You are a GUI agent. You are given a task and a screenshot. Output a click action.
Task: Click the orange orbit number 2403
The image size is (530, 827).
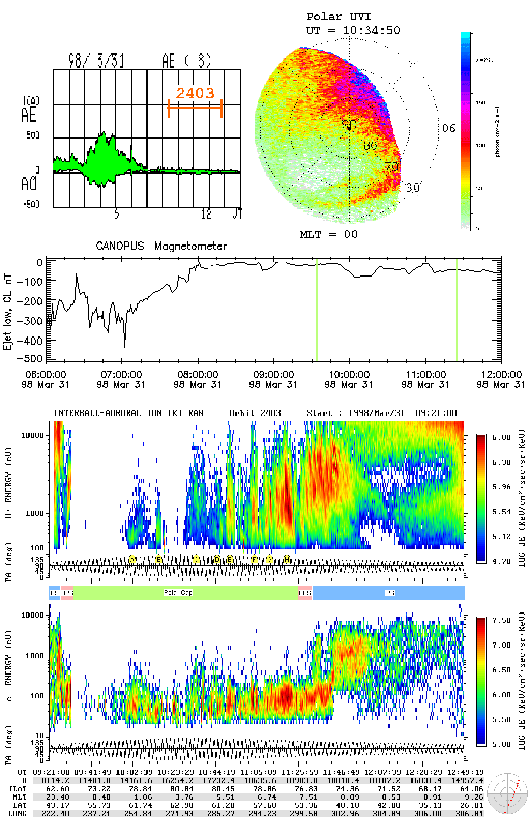[195, 93]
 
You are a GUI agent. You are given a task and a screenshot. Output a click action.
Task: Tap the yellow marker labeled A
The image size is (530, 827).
[132, 559]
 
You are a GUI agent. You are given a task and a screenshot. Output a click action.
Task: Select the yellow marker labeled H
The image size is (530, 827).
[287, 559]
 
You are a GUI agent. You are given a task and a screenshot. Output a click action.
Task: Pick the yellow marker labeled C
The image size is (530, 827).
[196, 559]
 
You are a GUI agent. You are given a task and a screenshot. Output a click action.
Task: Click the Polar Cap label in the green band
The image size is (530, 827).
[178, 593]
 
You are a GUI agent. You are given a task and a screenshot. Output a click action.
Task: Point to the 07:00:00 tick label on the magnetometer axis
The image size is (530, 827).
[122, 374]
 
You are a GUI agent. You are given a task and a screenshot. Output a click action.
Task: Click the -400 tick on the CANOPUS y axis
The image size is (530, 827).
[33, 341]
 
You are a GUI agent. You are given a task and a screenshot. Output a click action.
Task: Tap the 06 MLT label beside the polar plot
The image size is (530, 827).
[448, 128]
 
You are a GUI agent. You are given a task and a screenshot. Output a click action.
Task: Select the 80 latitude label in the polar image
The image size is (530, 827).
[370, 146]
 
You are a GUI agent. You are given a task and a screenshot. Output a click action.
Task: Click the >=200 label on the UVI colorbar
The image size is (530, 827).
[484, 60]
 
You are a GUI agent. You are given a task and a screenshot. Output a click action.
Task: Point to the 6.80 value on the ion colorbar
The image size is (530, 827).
[501, 437]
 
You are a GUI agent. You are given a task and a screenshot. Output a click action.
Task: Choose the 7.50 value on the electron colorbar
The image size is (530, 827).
[501, 620]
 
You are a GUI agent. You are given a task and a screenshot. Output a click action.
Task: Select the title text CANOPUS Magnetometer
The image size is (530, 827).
[161, 246]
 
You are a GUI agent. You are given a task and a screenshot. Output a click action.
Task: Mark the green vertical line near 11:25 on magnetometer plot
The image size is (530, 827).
[457, 310]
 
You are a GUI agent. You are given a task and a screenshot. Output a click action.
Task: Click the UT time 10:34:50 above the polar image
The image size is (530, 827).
[371, 30]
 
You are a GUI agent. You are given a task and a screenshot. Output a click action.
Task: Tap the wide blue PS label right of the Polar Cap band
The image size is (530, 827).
[390, 593]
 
